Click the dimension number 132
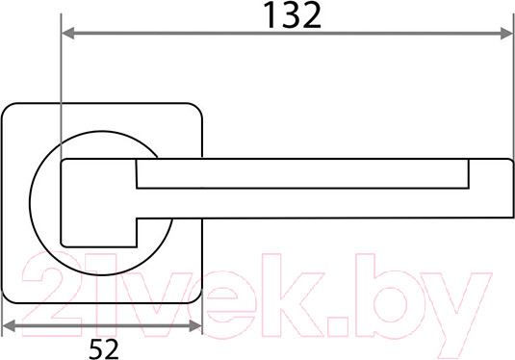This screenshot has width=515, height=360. tap(292, 15)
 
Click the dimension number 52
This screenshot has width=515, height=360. tap(103, 348)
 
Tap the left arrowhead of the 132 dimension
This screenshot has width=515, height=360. tap(68, 33)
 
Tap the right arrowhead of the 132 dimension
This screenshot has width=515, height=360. tap(506, 33)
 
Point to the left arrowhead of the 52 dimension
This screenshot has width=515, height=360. tap(9, 326)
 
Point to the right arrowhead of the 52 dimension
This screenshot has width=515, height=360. tap(195, 326)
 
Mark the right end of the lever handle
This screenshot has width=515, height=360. tap(513, 189)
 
